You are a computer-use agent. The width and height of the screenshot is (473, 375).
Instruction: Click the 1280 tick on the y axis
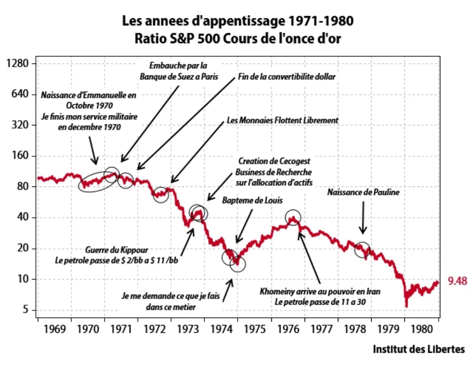tap(20, 64)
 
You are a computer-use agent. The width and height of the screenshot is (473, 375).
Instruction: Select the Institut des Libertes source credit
tap(418, 349)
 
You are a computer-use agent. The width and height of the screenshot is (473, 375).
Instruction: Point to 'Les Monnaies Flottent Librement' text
tap(282, 120)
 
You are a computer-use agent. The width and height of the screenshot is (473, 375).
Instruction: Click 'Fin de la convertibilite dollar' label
tap(287, 76)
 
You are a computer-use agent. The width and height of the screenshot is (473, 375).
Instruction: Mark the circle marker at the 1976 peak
tap(293, 218)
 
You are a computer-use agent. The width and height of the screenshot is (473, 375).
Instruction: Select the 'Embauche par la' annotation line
tap(178, 66)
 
